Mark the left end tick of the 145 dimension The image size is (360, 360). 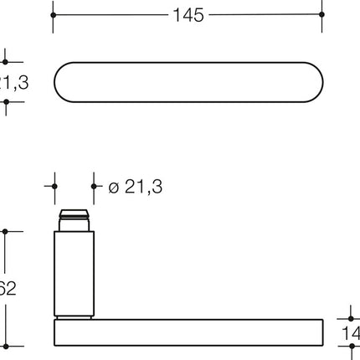54,15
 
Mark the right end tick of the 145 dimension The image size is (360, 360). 322,15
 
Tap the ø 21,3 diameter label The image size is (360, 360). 136,187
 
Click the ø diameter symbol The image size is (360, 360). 114,188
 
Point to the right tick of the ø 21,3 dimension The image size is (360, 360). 94,186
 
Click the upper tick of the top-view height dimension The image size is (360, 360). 6,61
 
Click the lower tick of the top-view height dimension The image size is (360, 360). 6,101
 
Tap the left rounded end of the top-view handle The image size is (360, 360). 67,81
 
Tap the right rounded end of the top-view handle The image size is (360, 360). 310,81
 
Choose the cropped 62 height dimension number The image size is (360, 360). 8,289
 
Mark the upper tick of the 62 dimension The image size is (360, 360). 6,232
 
